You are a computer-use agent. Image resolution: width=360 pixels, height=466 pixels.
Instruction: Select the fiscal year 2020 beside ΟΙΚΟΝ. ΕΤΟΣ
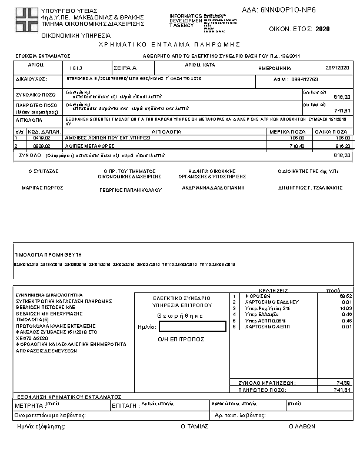point(322,28)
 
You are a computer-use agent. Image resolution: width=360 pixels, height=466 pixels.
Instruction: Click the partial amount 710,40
point(296,144)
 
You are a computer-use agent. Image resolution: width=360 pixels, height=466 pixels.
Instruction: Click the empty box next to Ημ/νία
point(192,326)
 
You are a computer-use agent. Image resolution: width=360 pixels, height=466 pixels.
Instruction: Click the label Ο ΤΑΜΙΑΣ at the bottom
point(194,425)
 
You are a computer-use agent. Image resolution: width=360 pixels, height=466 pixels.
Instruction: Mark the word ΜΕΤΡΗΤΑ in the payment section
point(28,405)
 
